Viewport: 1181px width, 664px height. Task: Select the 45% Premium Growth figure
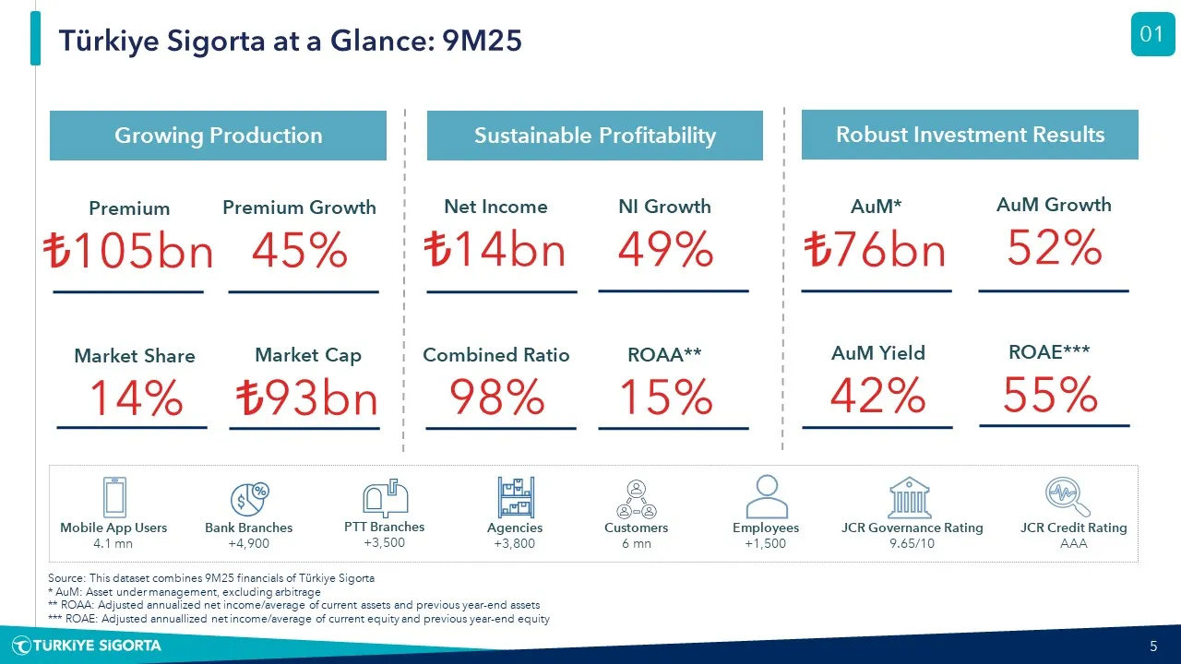point(300,251)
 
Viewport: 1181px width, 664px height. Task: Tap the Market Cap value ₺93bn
point(305,399)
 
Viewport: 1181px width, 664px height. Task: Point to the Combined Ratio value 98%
point(496,397)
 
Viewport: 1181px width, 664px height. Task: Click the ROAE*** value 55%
point(1050,396)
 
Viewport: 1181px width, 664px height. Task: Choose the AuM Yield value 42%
point(877,397)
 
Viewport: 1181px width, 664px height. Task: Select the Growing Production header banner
point(218,136)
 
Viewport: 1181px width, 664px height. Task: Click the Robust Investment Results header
point(970,135)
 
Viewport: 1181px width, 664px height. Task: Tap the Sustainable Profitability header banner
point(594,136)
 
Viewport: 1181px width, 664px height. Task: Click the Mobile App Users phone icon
point(114,498)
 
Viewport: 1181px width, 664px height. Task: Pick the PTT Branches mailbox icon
point(385,498)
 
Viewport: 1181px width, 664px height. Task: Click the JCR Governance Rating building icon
point(910,498)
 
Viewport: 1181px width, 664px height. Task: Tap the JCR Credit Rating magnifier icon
point(1068,498)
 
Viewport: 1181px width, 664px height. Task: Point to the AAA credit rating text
point(1073,544)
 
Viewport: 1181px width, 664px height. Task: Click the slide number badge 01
point(1152,35)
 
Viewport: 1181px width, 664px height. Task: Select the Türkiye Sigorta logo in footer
point(87,646)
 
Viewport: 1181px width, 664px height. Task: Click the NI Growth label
point(664,207)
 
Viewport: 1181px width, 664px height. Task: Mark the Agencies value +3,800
point(514,544)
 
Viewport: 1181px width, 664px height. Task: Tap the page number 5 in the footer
point(1153,646)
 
